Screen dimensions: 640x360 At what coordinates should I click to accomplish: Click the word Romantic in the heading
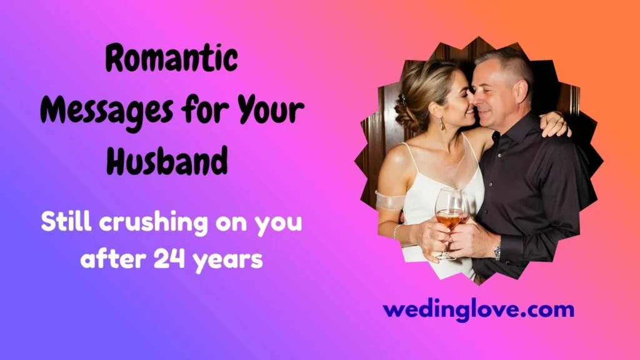point(172,58)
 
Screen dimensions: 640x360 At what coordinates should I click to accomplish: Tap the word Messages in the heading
point(106,111)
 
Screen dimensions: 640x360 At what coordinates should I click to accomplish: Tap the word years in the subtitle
point(227,261)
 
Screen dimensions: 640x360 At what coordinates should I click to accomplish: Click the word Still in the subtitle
point(67,222)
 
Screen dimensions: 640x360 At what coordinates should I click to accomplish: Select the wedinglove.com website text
point(478,310)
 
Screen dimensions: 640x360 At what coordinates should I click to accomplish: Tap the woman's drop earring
point(442,123)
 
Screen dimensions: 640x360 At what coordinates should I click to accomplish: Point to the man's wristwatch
point(497,252)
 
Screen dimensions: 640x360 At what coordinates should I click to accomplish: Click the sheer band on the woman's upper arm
point(389,201)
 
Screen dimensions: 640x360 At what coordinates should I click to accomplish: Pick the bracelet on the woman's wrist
point(396,232)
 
